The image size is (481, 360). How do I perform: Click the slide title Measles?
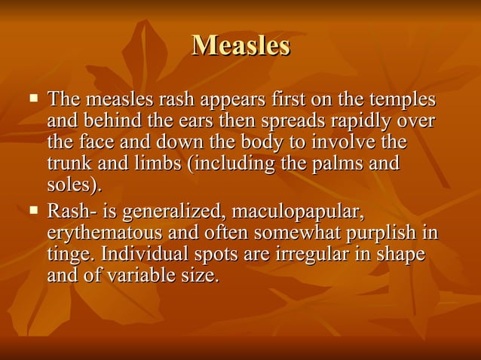pos(240,45)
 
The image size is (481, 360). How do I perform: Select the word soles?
pos(72,185)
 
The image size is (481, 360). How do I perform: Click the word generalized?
pos(167,210)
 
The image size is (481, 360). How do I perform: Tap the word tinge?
pos(67,254)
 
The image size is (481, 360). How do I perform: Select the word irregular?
pos(330,254)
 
